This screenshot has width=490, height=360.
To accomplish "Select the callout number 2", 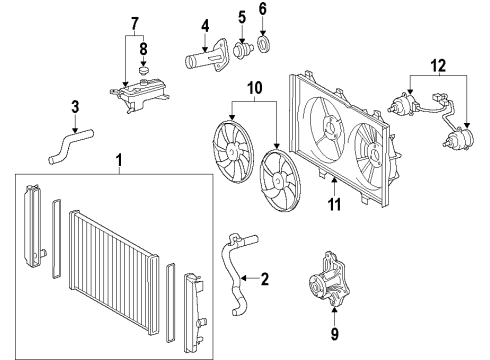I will click(265, 279).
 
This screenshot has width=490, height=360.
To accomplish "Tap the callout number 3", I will click(74, 107).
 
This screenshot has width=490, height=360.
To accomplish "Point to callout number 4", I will click(204, 25).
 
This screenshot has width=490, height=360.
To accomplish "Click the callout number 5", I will click(242, 17).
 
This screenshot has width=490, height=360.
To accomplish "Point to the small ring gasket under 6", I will click(265, 43).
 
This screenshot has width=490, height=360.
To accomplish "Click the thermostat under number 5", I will click(243, 50).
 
